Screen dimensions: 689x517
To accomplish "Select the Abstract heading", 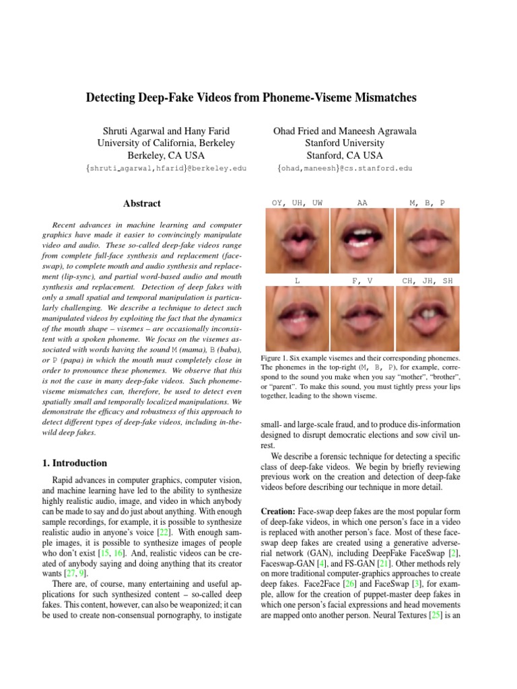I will (142, 203).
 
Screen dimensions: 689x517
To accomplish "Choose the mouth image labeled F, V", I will (362, 320).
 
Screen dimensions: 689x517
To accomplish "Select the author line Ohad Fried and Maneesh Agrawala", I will (345, 131).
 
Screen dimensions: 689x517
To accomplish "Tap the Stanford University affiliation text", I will (345, 143).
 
